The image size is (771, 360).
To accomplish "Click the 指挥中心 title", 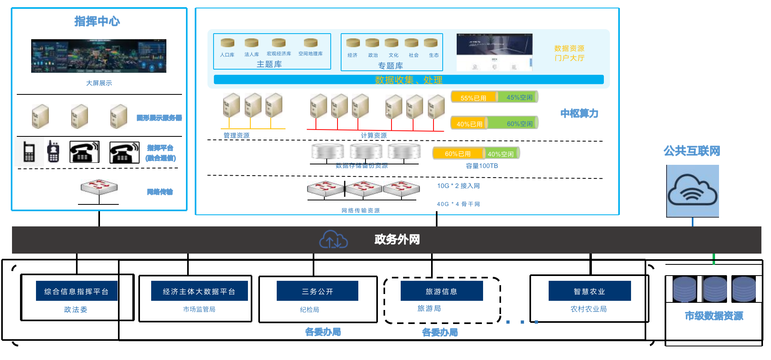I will (x=97, y=21).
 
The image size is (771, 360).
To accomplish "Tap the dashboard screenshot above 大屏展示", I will (x=99, y=56).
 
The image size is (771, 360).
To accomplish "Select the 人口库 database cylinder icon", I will (x=228, y=43).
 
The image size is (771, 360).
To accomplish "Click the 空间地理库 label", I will (x=310, y=54).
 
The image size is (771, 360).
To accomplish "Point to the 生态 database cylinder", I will (x=431, y=43).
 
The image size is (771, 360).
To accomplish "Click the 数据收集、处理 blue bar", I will (x=409, y=80).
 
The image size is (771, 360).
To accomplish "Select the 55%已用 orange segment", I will (x=473, y=98).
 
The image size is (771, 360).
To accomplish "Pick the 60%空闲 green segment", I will (x=519, y=124).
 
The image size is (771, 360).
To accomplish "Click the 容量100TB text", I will (x=482, y=166).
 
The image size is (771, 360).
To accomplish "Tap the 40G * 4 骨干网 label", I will (x=458, y=204).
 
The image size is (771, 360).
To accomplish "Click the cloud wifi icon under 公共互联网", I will (x=693, y=191).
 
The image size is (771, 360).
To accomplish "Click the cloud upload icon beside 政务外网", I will (x=334, y=240).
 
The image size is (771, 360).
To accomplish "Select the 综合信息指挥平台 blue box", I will (x=76, y=291).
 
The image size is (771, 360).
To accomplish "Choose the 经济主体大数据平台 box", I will (x=199, y=291).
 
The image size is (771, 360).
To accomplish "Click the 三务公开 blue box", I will (x=318, y=291).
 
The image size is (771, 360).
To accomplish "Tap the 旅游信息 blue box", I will (x=441, y=291).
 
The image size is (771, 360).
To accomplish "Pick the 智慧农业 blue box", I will (x=589, y=291).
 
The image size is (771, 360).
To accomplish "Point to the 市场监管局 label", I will (x=199, y=309).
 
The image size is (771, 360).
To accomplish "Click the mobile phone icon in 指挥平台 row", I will (x=29, y=152).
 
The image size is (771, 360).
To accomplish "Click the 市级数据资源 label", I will (x=714, y=316).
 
